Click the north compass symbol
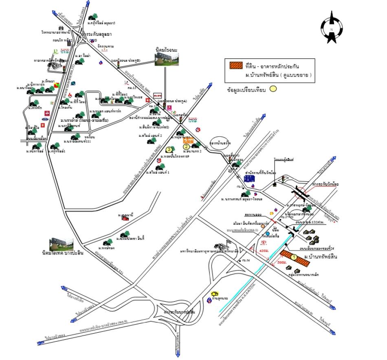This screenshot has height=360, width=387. pos(332,28)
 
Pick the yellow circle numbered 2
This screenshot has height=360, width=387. pos(186,147)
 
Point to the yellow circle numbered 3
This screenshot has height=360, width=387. pos(169,149)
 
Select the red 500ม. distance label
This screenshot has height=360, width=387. pos(281,263)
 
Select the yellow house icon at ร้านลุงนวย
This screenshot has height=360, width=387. pos(215,294)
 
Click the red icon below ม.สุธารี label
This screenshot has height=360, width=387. pos(125,219)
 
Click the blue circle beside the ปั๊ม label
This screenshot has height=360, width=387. pos(267,233)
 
